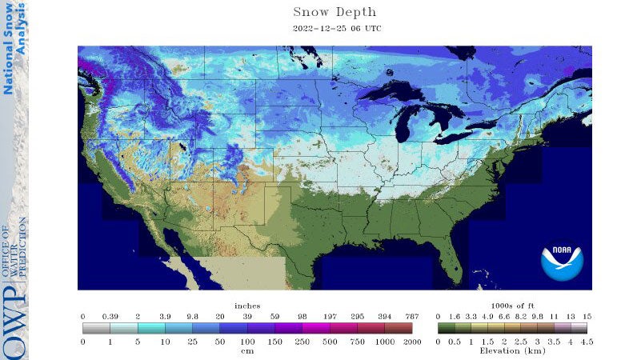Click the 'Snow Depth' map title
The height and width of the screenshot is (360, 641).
tap(334, 12)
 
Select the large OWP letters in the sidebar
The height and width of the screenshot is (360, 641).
tap(14, 320)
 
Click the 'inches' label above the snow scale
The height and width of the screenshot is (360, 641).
tap(246, 306)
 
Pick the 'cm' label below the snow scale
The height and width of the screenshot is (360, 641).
tap(246, 350)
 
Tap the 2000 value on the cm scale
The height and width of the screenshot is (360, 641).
tap(411, 342)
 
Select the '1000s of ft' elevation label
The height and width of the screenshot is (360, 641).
tap(511, 306)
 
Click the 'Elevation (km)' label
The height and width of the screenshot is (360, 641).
tap(511, 350)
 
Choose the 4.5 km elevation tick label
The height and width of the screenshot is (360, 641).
tap(587, 342)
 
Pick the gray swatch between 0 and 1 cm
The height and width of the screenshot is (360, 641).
tap(96, 328)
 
